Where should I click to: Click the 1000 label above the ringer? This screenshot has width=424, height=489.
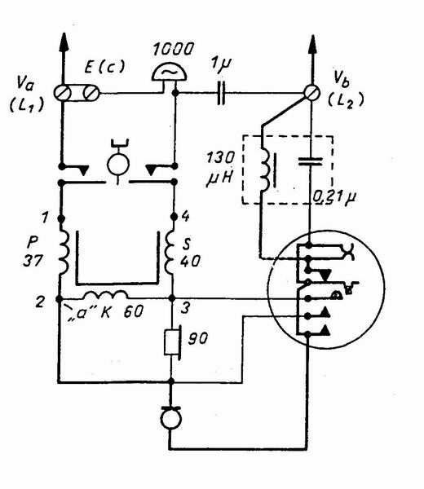pyautogui.click(x=173, y=49)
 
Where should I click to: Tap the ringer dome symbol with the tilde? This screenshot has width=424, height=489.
pyautogui.click(x=170, y=72)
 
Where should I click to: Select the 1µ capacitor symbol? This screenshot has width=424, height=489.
pyautogui.click(x=221, y=93)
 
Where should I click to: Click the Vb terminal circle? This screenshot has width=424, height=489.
pyautogui.click(x=311, y=93)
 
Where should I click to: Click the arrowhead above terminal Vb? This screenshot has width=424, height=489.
pyautogui.click(x=312, y=44)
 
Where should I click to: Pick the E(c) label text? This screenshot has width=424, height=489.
pyautogui.click(x=105, y=67)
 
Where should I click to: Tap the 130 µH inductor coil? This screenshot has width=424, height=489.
pyautogui.click(x=264, y=170)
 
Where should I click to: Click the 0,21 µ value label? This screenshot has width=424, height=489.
pyautogui.click(x=333, y=197)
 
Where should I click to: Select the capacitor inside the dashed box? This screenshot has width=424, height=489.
pyautogui.click(x=310, y=161)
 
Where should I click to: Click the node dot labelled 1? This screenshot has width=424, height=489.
pyautogui.click(x=61, y=218)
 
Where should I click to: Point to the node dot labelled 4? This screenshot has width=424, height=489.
pyautogui.click(x=174, y=216)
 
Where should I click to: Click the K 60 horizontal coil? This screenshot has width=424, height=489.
pyautogui.click(x=105, y=295)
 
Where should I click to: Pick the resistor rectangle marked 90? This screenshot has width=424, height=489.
pyautogui.click(x=171, y=342)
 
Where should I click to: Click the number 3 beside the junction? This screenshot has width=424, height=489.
pyautogui.click(x=185, y=309)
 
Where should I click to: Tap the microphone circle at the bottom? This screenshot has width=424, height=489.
pyautogui.click(x=170, y=420)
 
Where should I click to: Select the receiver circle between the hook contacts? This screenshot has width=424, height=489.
pyautogui.click(x=118, y=164)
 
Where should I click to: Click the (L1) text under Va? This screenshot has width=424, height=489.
pyautogui.click(x=26, y=105)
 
